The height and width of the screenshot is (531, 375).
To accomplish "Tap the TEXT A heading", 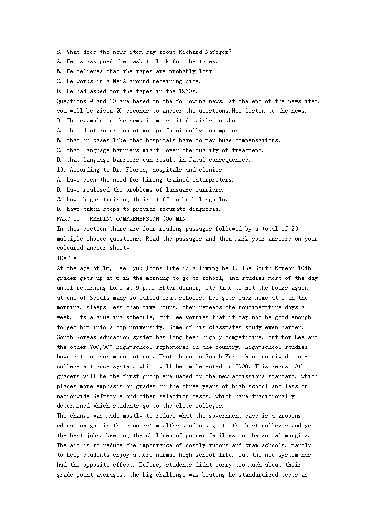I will point(67,258).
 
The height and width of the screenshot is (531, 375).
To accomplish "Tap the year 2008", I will point(258,366).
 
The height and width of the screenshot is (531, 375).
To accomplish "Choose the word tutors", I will point(220,445).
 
